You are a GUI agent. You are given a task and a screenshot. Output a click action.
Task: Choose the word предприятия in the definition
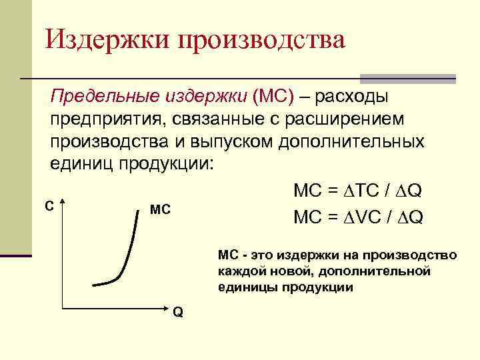tap(107, 121)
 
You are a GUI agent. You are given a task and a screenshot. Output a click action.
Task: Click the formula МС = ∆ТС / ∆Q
tap(357, 191)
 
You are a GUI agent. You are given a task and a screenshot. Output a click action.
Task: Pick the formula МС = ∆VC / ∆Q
tap(357, 217)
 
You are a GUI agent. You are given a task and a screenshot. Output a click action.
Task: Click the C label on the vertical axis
tap(49, 207)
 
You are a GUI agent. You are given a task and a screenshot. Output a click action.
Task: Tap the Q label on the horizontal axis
tap(178, 313)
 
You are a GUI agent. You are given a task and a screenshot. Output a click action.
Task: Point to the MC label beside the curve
tap(161, 211)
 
